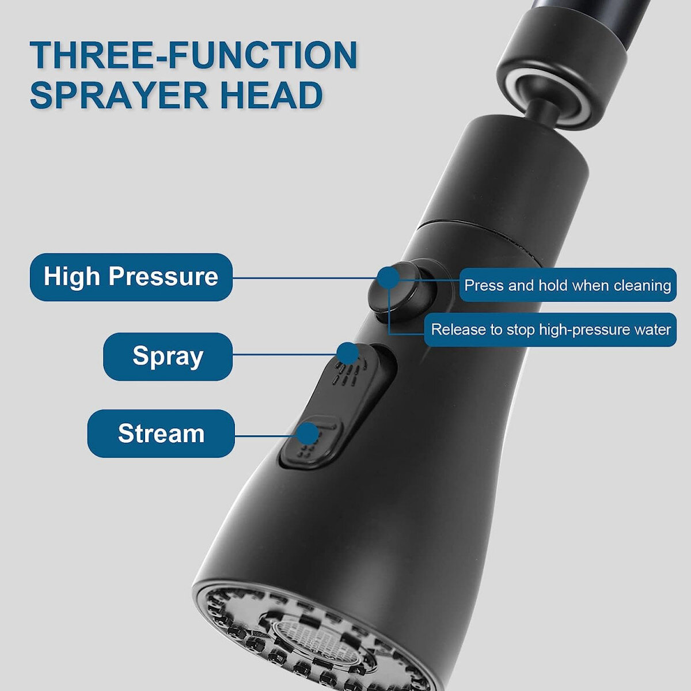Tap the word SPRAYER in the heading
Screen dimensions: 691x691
[119, 94]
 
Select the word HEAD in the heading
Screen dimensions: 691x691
[271, 94]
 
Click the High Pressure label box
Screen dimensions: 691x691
[131, 277]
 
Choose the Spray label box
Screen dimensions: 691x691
[168, 356]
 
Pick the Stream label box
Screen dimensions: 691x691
[161, 433]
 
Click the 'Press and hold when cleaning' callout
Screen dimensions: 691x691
[568, 285]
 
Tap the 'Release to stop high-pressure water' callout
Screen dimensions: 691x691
[550, 329]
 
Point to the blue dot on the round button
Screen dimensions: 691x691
[389, 278]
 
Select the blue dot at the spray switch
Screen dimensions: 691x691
[347, 354]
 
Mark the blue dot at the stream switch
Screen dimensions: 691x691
[307, 434]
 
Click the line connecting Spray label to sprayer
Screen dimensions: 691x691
[284, 355]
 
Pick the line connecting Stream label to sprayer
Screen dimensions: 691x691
[265, 436]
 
